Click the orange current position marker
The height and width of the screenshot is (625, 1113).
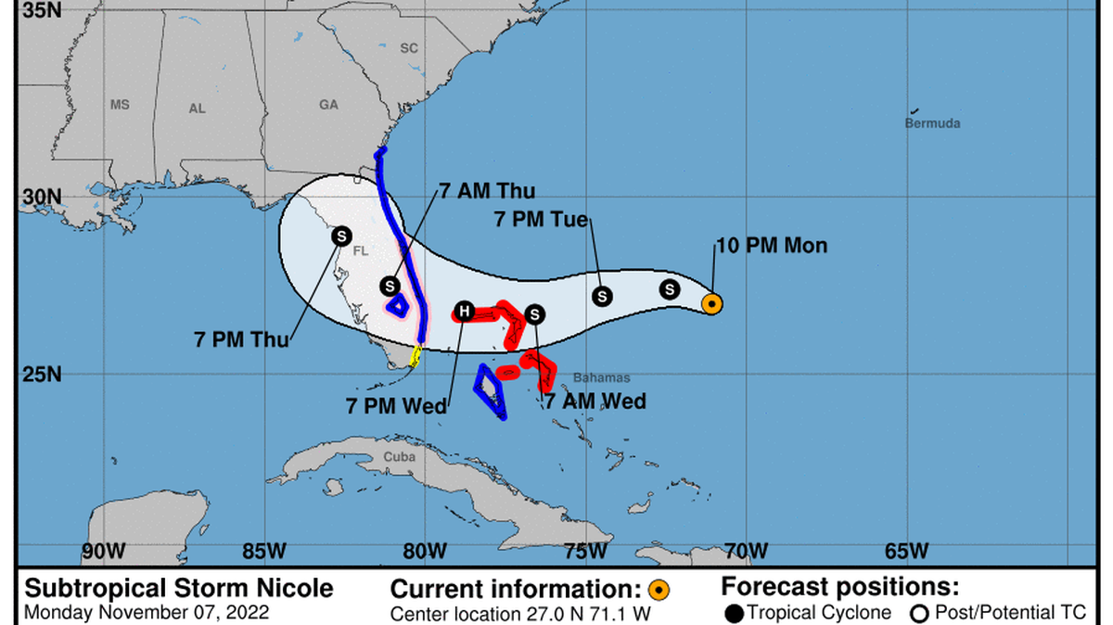point(711,303)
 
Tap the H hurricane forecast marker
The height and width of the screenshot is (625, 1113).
point(464,312)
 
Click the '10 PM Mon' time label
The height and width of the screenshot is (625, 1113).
point(772,247)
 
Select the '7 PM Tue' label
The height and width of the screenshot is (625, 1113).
point(542,220)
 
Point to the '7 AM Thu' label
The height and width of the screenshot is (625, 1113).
point(486,192)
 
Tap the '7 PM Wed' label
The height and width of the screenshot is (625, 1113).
point(397,405)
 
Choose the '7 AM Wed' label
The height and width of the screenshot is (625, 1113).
point(595,402)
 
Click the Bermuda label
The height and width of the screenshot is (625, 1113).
point(932,123)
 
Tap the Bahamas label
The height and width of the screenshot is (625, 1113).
point(601,377)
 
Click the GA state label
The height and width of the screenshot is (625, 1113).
point(329,105)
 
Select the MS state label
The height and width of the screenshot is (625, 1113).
point(120,105)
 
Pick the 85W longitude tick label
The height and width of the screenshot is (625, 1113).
point(263,551)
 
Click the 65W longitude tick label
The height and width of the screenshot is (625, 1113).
point(906,551)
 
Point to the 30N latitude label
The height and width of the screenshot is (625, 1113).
point(42,198)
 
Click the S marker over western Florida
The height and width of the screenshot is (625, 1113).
point(341,236)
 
